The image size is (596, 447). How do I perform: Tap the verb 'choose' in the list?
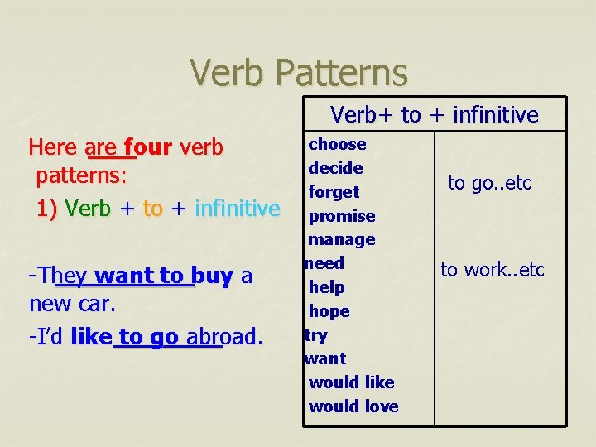coord(337,144)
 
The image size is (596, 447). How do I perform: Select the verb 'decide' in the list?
coord(335,168)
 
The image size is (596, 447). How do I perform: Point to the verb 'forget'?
coord(334,192)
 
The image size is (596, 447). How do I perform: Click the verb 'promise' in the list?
coord(341,216)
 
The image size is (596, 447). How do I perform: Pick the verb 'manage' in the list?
coord(341,240)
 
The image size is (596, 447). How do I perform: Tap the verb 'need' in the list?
coord(324,263)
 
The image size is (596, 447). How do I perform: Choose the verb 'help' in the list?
coord(326,287)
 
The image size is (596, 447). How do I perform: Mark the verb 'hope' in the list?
coord(329,311)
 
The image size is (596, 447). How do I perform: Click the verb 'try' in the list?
coord(315,335)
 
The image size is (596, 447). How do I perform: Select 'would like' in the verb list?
coord(351,382)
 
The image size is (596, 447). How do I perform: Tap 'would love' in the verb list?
coord(353,406)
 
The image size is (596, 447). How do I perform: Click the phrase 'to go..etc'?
coord(489,183)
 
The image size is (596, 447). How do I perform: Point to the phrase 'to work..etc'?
coord(492,270)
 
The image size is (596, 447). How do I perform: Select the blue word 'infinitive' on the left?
coord(237,208)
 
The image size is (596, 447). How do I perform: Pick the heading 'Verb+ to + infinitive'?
coord(434,115)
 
